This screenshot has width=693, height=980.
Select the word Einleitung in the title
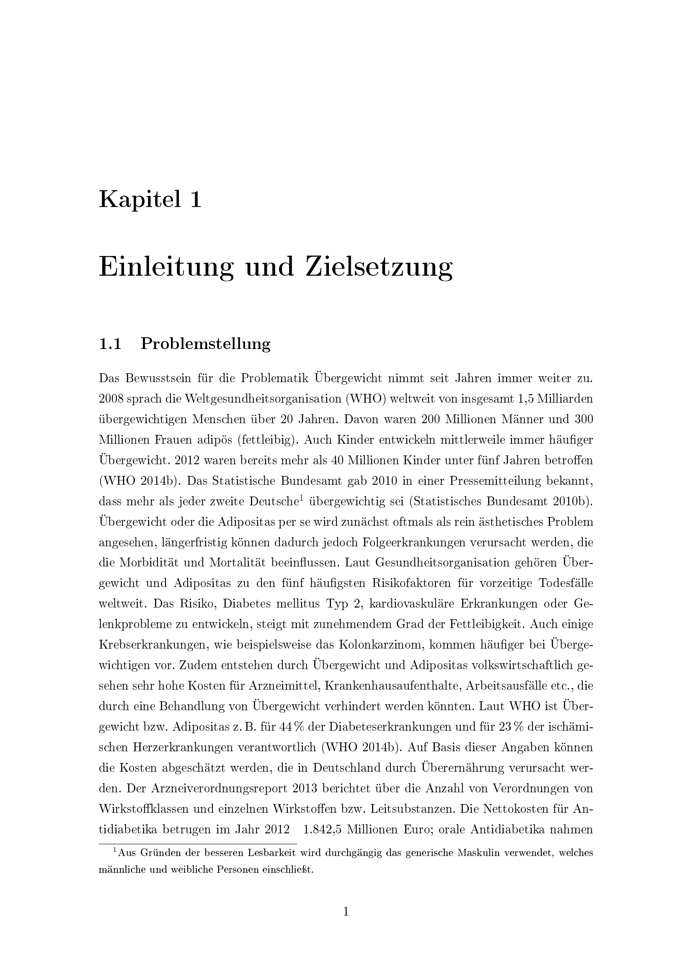point(166,267)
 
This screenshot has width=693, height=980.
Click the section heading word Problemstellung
point(205,344)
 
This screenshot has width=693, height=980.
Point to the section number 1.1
point(110,344)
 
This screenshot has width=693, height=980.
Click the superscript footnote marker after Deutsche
point(301,498)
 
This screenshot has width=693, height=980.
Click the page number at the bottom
point(346,912)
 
